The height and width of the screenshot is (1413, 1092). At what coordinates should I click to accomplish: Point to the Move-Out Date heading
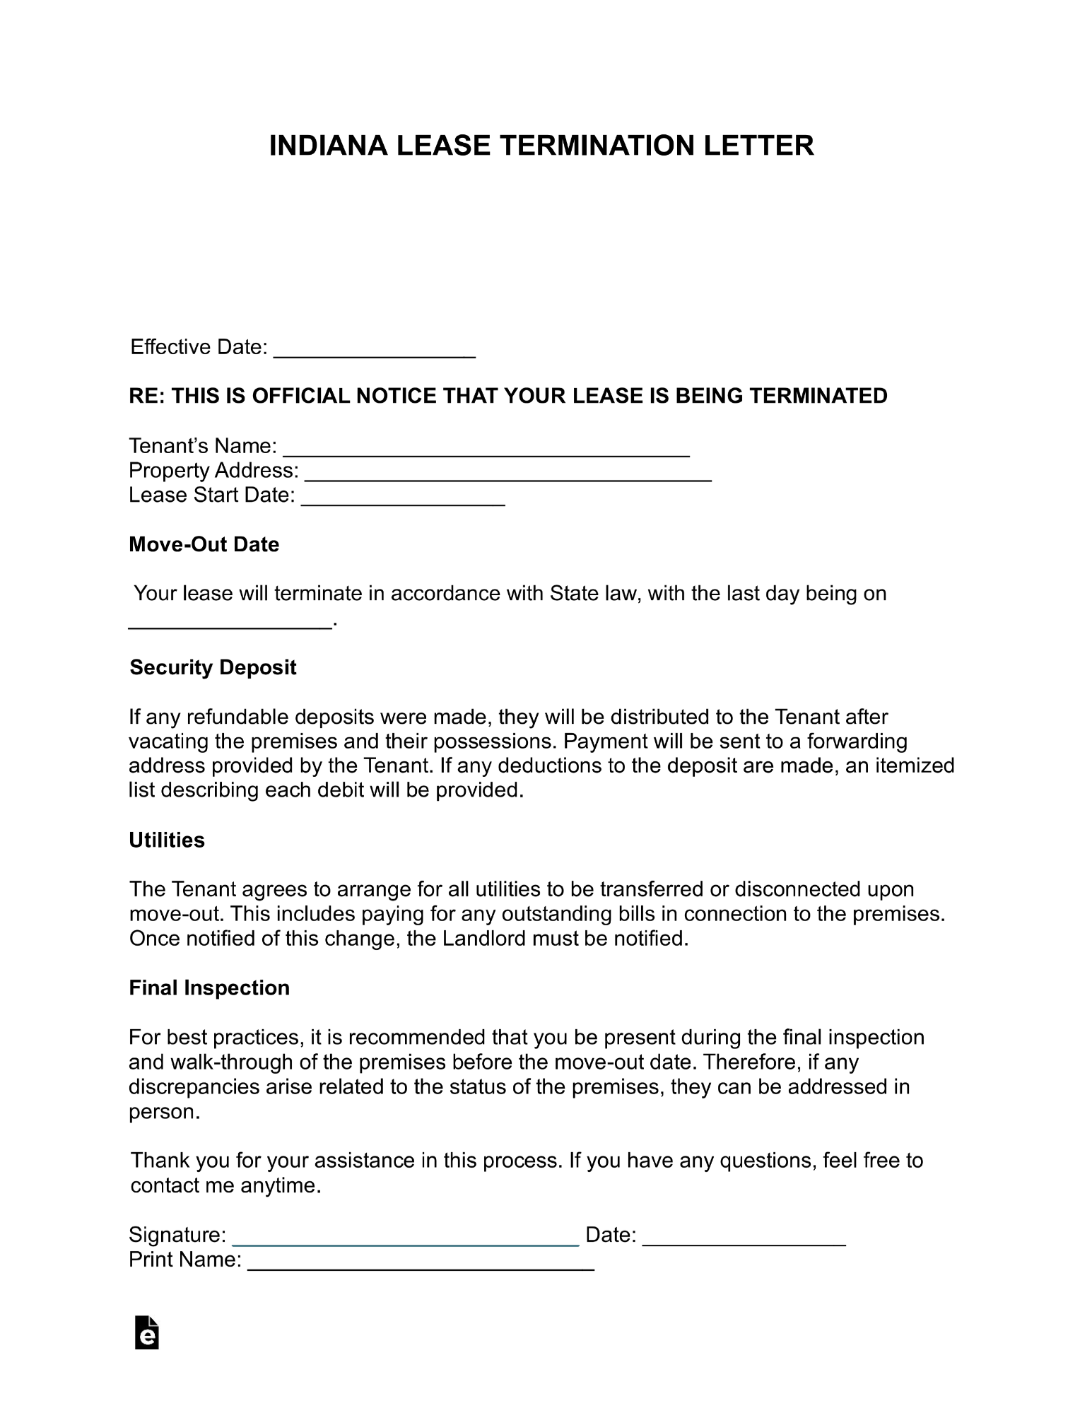[x=204, y=544]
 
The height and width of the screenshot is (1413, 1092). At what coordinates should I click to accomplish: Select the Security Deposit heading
[x=213, y=667]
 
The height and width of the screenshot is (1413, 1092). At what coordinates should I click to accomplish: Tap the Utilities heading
[x=167, y=840]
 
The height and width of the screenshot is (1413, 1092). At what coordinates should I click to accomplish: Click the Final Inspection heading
[x=209, y=987]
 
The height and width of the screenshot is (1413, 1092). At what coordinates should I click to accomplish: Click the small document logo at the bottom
[x=146, y=1332]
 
